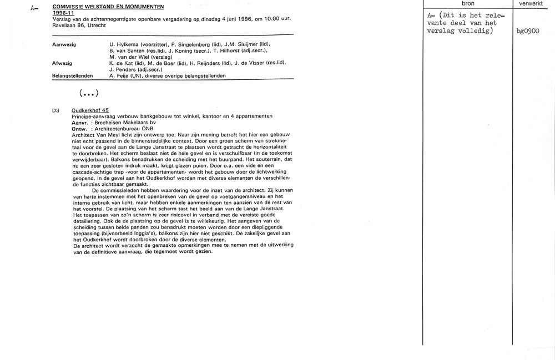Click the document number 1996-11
[x=63, y=13]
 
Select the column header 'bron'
[x=467, y=3]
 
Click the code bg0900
[x=528, y=31]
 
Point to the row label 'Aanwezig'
[x=64, y=44]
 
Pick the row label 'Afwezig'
[x=62, y=63]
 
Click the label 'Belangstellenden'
[x=72, y=75]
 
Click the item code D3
[x=56, y=110]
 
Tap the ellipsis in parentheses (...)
[x=89, y=93]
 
